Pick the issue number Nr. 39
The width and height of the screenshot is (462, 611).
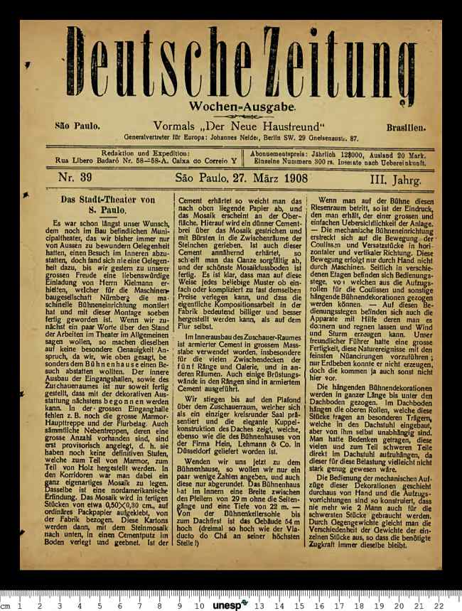(75, 177)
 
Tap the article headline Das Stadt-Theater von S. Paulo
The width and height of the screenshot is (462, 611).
(107, 205)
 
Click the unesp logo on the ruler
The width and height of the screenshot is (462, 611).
(231, 605)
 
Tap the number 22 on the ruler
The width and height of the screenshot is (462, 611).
(439, 605)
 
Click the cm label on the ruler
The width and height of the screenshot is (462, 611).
(5, 605)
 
